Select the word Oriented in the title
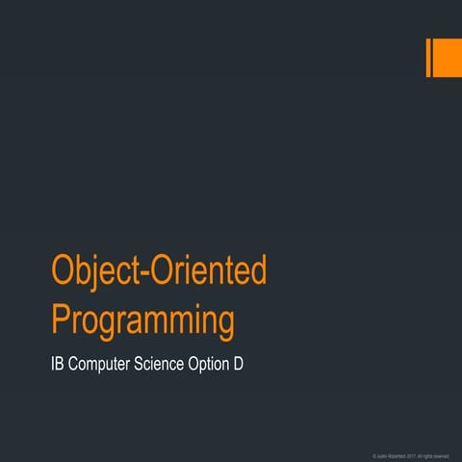tap(209, 272)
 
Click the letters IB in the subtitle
tap(59, 366)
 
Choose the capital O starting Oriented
tap(167, 271)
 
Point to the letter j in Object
tap(99, 274)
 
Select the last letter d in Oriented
tap(257, 271)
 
